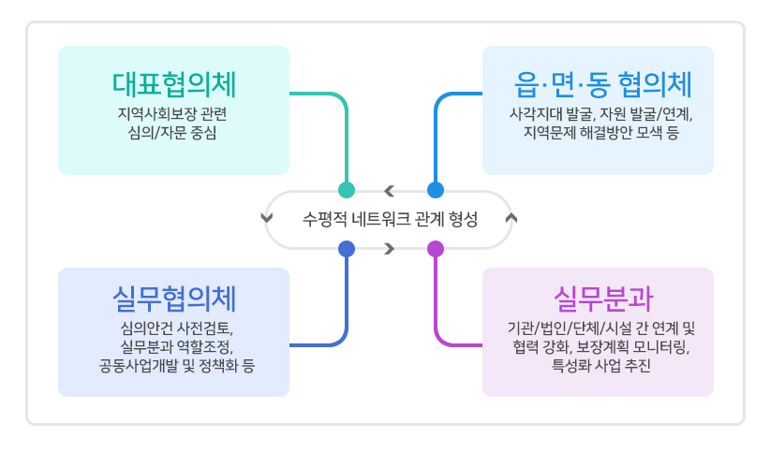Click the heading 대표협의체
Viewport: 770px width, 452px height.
point(174,84)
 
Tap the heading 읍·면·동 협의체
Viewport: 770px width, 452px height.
point(602,84)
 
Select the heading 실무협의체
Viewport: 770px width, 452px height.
point(174,299)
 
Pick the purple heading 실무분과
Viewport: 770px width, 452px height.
point(603,299)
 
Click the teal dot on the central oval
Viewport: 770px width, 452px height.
point(347,189)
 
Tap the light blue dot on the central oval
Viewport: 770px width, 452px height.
point(436,189)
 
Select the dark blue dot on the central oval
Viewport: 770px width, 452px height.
point(347,249)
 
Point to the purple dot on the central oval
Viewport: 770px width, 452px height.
point(436,249)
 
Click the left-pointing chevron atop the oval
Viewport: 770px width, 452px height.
point(390,190)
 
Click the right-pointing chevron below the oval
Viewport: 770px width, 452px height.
point(390,249)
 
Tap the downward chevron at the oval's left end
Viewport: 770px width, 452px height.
point(267,217)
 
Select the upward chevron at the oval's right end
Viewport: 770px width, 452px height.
point(511,217)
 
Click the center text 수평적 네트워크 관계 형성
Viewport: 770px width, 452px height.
point(390,219)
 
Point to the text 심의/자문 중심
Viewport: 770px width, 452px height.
point(172,133)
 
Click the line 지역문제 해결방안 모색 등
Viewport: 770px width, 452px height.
point(601,133)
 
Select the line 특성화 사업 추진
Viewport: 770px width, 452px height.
point(601,366)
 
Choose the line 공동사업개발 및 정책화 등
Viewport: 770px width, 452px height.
point(177,366)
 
